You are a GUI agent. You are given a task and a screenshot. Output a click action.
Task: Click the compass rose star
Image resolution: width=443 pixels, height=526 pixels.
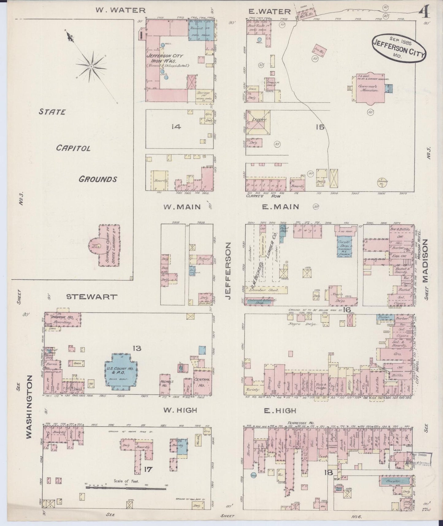point(91,66)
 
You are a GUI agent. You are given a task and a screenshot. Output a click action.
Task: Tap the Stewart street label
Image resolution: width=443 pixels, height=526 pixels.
point(92,297)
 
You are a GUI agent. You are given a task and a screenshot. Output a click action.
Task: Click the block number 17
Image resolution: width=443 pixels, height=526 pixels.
point(149,469)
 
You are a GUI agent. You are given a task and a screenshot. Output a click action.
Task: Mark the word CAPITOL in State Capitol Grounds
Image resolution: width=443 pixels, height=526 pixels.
point(73,148)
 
